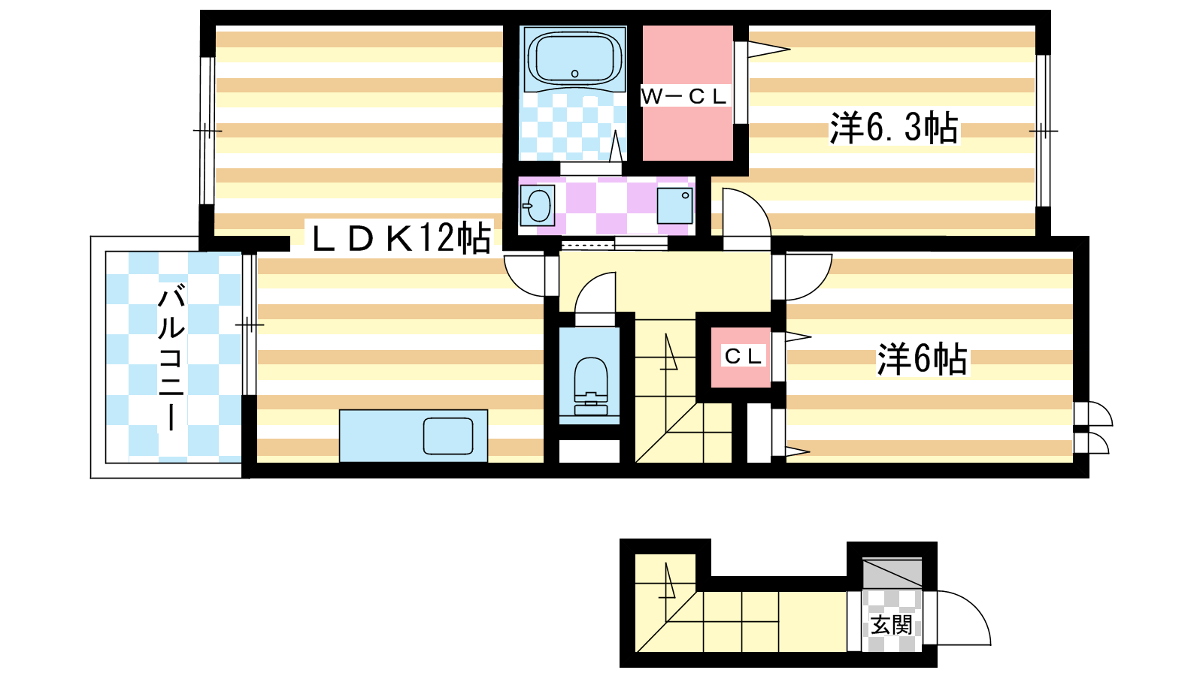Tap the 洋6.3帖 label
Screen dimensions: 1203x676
pyautogui.click(x=894, y=128)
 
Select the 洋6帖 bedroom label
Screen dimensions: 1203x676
pyautogui.click(x=922, y=358)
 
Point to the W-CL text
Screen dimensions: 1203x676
pyautogui.click(x=683, y=97)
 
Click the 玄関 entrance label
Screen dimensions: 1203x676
pyautogui.click(x=891, y=625)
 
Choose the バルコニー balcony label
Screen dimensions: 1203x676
pyautogui.click(x=171, y=359)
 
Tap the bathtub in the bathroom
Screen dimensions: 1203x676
pyautogui.click(x=574, y=59)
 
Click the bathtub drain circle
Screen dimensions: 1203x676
pyautogui.click(x=574, y=74)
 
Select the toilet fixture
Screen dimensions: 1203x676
pyautogui.click(x=591, y=386)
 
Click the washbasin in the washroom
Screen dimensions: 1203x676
pyautogui.click(x=538, y=206)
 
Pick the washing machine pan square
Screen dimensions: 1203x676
pyautogui.click(x=674, y=206)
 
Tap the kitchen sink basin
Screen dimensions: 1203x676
pyautogui.click(x=448, y=436)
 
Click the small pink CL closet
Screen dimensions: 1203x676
pyautogui.click(x=741, y=357)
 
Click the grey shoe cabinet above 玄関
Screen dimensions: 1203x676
pyautogui.click(x=892, y=573)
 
